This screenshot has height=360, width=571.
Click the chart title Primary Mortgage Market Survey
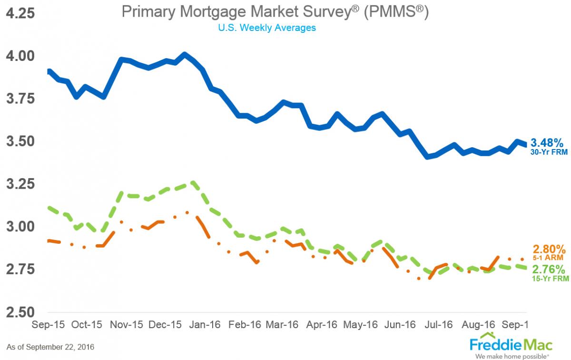pyautogui.click(x=275, y=12)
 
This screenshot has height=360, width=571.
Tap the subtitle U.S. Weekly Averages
pyautogui.click(x=267, y=28)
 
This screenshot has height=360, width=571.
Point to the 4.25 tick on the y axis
pyautogui.click(x=20, y=13)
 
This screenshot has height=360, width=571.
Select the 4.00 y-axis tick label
pyautogui.click(x=20, y=56)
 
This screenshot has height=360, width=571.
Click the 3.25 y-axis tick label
pyautogui.click(x=20, y=184)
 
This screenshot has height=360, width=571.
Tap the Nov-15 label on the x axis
pyautogui.click(x=127, y=325)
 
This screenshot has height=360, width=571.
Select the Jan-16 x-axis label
pyautogui.click(x=205, y=325)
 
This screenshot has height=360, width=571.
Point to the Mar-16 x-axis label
pyautogui.click(x=283, y=325)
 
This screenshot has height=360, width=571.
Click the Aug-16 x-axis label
pyautogui.click(x=477, y=325)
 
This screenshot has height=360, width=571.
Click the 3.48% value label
pyautogui.click(x=547, y=142)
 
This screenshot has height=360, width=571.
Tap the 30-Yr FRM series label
pyautogui.click(x=549, y=152)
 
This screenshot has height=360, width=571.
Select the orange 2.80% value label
pyautogui.click(x=549, y=249)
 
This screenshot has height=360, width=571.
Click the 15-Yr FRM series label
pyautogui.click(x=550, y=279)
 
